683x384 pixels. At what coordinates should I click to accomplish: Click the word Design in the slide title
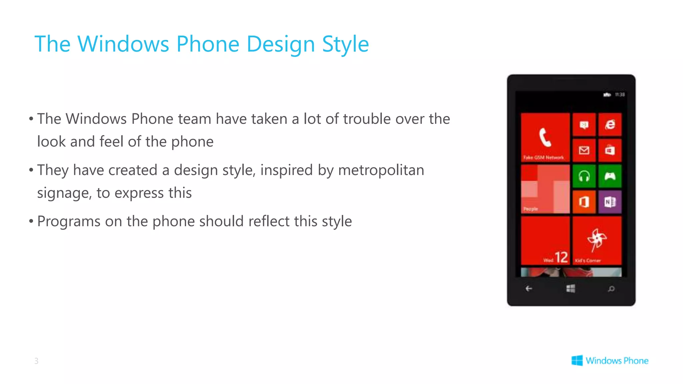point(280,44)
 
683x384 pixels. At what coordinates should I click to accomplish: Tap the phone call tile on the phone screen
point(545,137)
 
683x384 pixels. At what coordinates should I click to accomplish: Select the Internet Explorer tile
point(610,125)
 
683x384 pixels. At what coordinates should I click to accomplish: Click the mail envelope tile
point(584,150)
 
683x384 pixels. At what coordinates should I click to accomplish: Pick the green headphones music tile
point(584,176)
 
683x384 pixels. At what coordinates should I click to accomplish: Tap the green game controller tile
point(610,176)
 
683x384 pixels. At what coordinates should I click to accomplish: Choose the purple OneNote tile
point(610,202)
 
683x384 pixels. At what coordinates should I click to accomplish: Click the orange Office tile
point(584,202)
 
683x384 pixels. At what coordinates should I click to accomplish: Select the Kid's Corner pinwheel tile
point(597,240)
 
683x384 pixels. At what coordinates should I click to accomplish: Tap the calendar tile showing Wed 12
point(545,240)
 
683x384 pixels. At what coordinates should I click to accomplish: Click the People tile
point(545,189)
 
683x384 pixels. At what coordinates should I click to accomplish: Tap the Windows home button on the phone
point(571,288)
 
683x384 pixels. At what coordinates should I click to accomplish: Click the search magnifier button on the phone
point(611,289)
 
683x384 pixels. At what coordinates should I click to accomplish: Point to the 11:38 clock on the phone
point(620,95)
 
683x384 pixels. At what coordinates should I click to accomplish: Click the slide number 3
point(36,361)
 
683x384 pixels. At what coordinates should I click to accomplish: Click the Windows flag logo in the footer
point(577,360)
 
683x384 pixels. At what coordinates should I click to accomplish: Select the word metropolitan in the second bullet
point(381,170)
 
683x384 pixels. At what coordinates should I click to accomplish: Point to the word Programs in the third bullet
point(69,222)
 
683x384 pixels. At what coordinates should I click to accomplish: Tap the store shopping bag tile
point(610,150)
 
